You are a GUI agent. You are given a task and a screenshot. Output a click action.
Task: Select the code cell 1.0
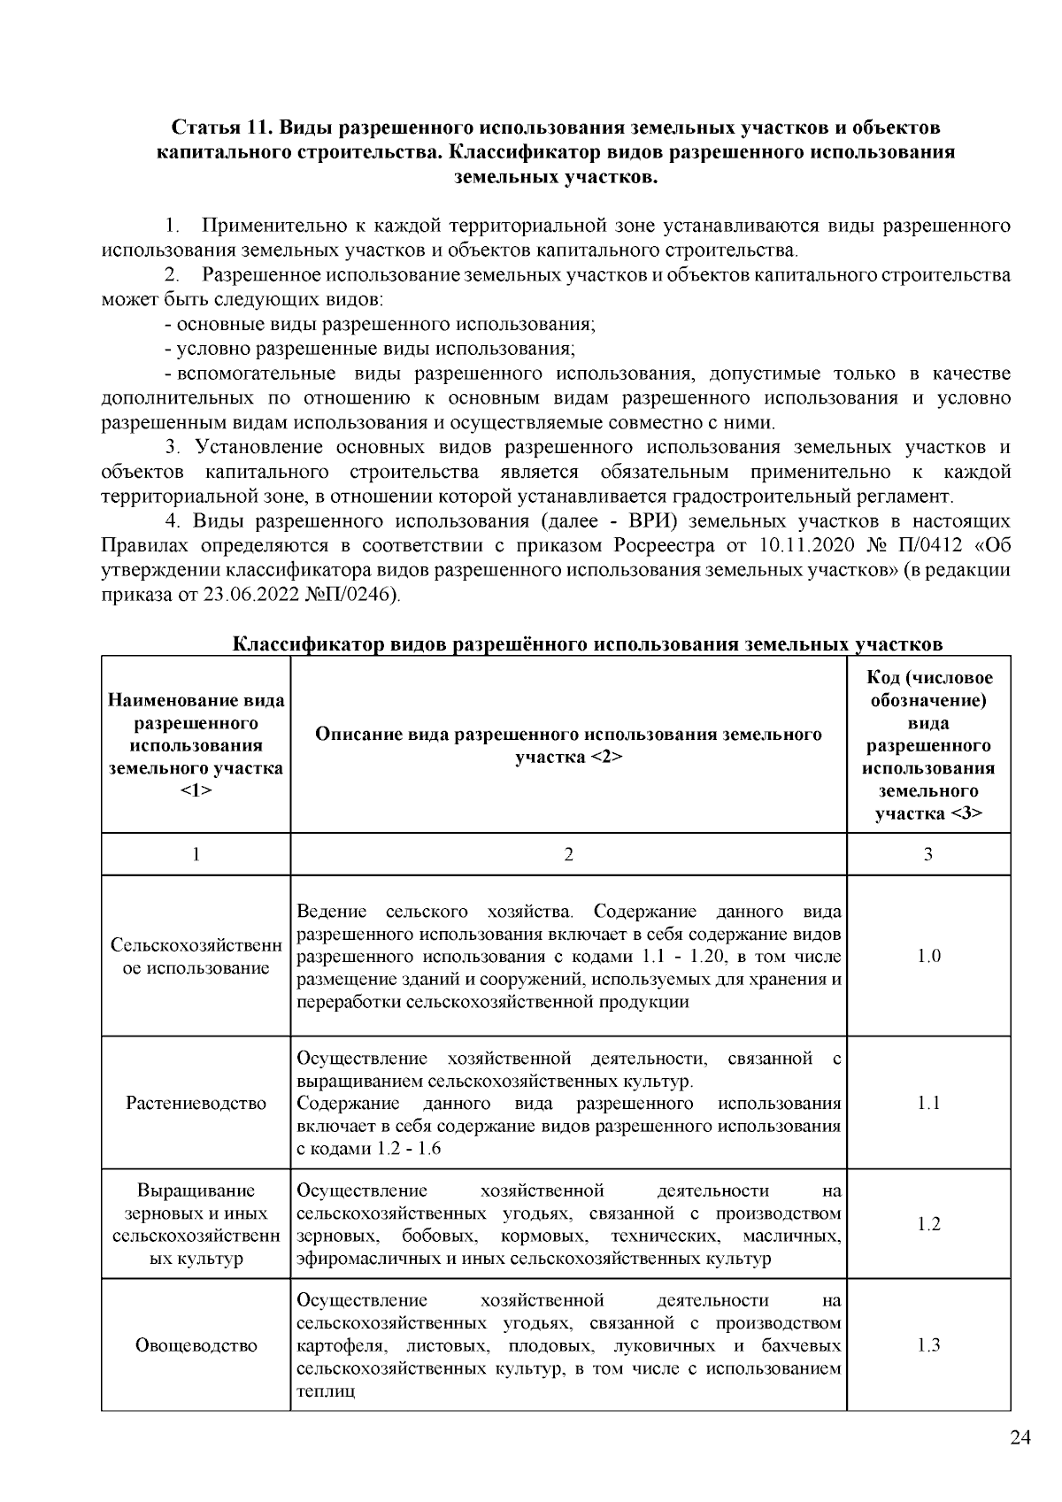(x=928, y=956)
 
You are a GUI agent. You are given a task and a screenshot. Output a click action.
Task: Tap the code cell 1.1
(x=928, y=1103)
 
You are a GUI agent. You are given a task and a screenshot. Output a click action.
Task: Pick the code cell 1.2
(x=928, y=1224)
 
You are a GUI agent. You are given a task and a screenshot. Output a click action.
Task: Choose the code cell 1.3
(x=928, y=1345)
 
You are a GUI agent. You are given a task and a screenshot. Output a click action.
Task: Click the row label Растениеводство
(x=196, y=1103)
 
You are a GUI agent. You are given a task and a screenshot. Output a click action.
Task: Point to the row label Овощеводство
(x=196, y=1345)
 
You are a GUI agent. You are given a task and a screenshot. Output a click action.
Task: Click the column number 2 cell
(x=568, y=854)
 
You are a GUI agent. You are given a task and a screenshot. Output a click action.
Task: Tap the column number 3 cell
(x=928, y=854)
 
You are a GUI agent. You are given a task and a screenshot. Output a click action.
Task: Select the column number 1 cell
(x=196, y=854)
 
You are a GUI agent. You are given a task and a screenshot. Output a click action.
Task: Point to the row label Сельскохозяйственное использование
(x=196, y=956)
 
